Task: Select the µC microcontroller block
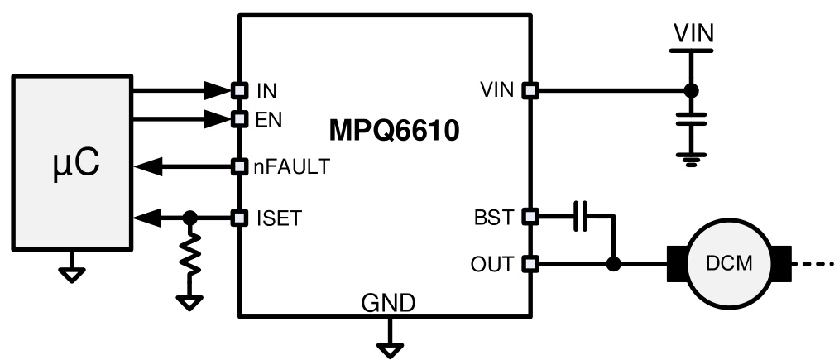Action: [x=71, y=165]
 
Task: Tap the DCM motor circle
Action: [x=729, y=265]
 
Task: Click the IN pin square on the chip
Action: [x=239, y=89]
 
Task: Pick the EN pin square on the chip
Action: [x=239, y=119]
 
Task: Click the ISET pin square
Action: [x=239, y=218]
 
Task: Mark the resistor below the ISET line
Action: [x=190, y=257]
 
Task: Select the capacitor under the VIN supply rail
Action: [x=692, y=118]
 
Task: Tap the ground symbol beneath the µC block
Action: [x=72, y=274]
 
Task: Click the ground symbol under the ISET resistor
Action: [x=190, y=302]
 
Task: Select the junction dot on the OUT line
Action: [x=613, y=265]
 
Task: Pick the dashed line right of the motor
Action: [x=815, y=265]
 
